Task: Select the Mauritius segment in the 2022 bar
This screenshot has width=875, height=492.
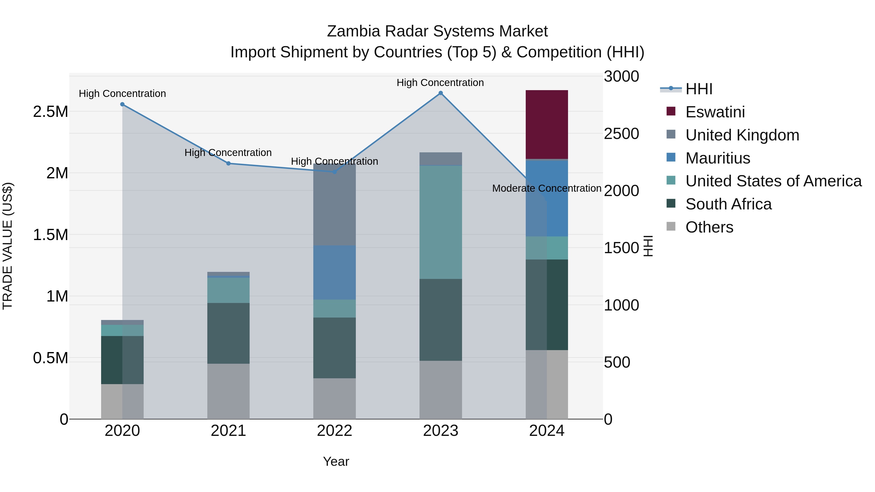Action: [334, 272]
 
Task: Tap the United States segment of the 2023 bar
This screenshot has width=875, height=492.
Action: [441, 222]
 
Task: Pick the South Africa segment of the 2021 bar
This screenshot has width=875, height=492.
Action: [228, 333]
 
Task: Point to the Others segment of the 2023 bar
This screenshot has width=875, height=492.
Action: [441, 389]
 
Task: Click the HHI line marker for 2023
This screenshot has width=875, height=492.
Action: [441, 93]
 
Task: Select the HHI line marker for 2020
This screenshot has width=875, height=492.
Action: [122, 104]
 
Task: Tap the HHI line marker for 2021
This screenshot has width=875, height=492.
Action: [228, 163]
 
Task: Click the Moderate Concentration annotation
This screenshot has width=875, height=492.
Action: [547, 188]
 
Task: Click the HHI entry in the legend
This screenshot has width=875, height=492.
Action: [699, 89]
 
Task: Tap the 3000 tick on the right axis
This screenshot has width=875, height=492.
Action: [621, 76]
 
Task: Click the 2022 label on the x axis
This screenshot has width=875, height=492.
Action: [334, 431]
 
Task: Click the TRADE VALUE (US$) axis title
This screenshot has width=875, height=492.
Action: [8, 246]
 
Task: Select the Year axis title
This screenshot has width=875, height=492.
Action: [336, 461]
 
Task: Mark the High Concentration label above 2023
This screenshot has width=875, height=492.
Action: [440, 83]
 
